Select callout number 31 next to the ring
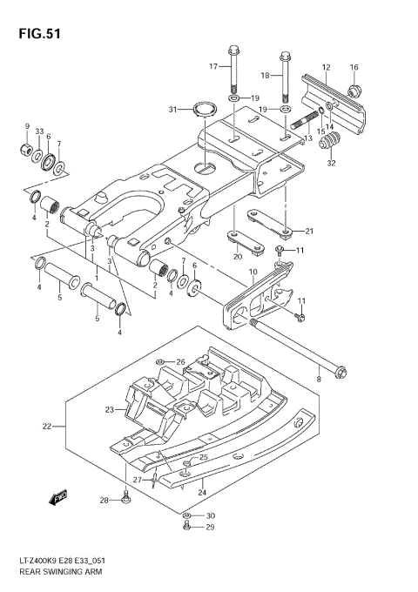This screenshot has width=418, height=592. click(172, 109)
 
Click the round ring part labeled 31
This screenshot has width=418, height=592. click(206, 111)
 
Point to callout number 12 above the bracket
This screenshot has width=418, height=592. click(326, 67)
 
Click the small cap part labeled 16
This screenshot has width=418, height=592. click(354, 91)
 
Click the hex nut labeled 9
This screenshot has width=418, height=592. click(27, 152)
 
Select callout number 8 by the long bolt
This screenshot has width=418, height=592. click(319, 379)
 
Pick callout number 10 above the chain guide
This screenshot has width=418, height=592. click(253, 272)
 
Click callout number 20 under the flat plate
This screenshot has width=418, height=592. click(237, 257)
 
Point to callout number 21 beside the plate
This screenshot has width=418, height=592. click(308, 232)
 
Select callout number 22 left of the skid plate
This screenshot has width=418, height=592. click(48, 427)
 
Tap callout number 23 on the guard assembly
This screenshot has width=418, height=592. click(110, 409)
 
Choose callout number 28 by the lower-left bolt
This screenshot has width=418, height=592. click(104, 500)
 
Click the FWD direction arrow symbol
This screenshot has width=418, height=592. click(58, 497)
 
